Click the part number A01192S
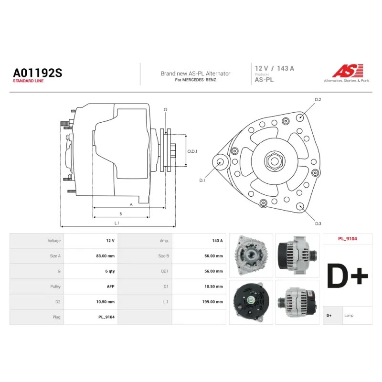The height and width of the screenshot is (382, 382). point(38,73)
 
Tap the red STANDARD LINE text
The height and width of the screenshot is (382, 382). point(28,81)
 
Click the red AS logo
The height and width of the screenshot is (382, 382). point(348,71)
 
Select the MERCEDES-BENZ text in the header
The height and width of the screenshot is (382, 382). point(199,80)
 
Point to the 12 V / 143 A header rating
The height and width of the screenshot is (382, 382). point(275,68)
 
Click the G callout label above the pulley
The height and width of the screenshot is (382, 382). point(166,110)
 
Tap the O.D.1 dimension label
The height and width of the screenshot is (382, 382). point(192,151)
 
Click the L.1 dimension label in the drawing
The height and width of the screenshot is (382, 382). point(117,223)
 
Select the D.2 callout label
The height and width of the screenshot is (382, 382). point(318,100)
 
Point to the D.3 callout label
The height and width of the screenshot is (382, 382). point(318,223)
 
